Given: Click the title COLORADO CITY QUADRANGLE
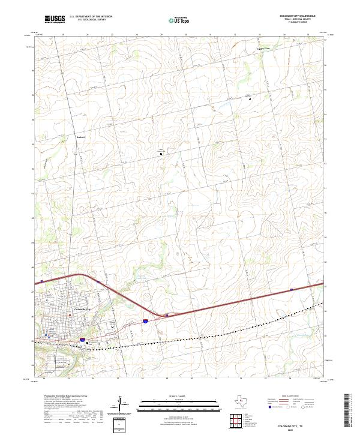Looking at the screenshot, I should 298,16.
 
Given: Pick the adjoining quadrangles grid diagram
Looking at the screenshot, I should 235,421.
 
